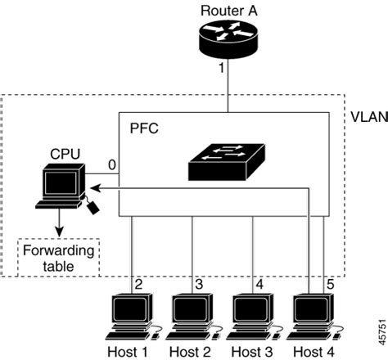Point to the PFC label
pyautogui.click(x=143, y=129)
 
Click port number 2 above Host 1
pyautogui.click(x=139, y=284)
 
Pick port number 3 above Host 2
pyautogui.click(x=199, y=284)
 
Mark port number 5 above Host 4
pyautogui.click(x=331, y=284)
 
